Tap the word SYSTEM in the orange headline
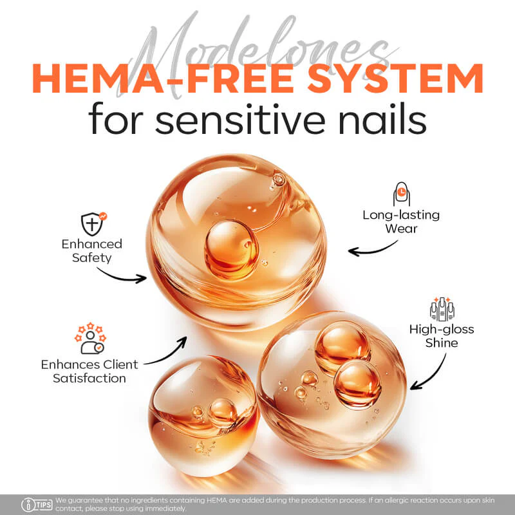(395, 79)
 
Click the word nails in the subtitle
(382, 119)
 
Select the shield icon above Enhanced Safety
(93, 223)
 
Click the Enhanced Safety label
(92, 250)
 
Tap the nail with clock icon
(401, 194)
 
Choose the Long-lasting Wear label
(401, 221)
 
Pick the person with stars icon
(90, 339)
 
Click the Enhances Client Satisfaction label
(89, 371)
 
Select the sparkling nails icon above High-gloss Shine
(442, 309)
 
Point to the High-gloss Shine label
(442, 335)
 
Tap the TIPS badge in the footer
(37, 504)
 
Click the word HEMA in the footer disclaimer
(216, 500)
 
